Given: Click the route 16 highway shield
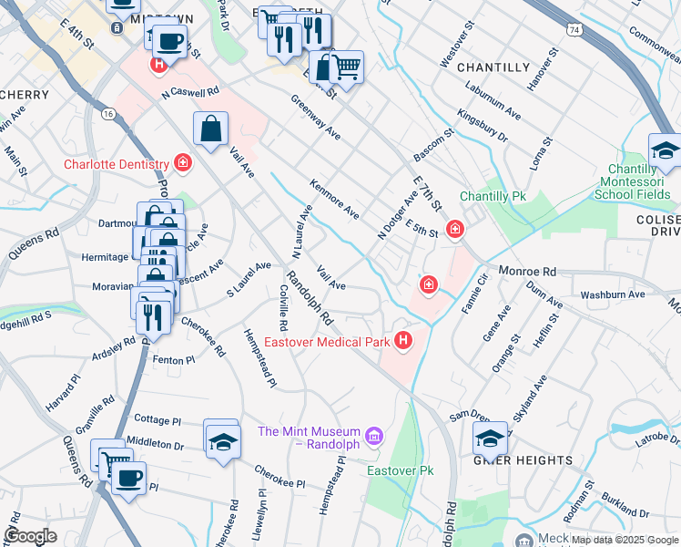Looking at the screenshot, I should [108, 113].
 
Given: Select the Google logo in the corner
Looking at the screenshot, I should [30, 535].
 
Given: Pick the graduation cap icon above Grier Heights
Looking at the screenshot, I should [490, 439].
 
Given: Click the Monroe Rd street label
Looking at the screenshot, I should [526, 272].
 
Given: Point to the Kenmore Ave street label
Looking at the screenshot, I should [333, 199].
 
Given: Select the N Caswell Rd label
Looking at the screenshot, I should [191, 92].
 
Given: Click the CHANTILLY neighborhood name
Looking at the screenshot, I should [493, 67].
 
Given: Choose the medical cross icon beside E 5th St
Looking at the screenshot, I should [453, 229].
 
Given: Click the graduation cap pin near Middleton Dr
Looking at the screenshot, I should [220, 441].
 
